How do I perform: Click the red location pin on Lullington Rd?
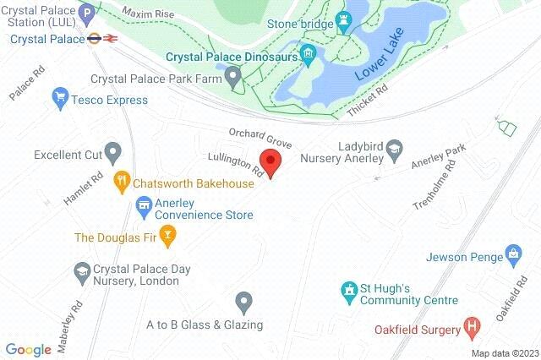270,161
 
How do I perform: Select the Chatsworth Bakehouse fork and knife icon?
123,180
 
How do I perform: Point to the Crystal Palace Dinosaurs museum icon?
309,57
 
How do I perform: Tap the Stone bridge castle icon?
342,20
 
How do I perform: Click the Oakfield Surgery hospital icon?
472,326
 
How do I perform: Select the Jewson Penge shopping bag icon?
512,253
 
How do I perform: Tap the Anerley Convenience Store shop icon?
144,205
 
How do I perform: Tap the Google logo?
28,349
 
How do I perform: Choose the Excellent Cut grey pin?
114,153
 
